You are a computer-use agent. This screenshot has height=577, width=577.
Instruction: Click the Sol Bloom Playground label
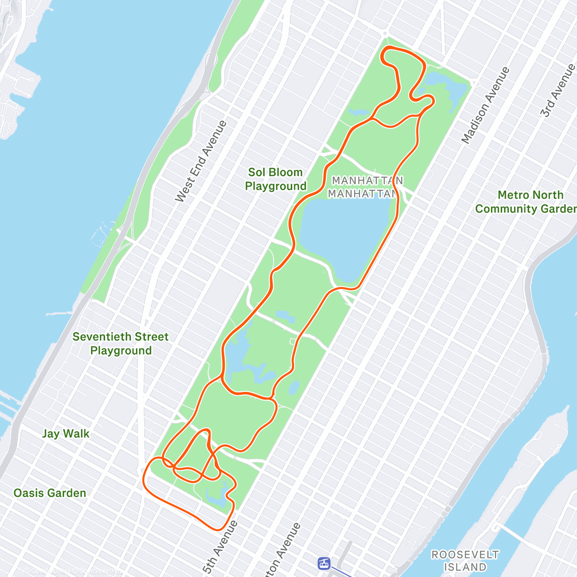[x=276, y=179]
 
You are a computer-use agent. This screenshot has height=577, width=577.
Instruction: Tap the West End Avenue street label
[x=201, y=162]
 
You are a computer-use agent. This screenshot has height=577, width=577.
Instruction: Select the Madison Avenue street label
[x=485, y=105]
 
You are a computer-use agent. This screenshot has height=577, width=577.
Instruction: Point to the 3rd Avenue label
[x=556, y=90]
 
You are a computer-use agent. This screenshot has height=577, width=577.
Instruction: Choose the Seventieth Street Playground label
[x=121, y=343]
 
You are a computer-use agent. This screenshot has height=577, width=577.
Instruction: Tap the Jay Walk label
[x=66, y=434]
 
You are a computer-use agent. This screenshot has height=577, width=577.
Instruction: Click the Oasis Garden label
[x=50, y=493]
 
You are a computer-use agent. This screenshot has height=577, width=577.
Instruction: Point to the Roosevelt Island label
[x=465, y=561]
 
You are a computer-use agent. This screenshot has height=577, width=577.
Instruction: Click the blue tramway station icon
[x=324, y=563]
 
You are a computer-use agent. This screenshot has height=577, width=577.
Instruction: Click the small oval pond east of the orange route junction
[x=294, y=388]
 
